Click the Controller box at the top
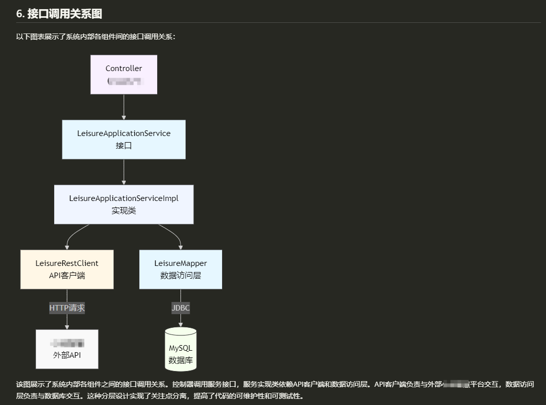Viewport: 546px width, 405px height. coord(124,74)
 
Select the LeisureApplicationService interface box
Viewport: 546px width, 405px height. coord(124,139)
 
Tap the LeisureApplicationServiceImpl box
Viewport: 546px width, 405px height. coord(124,204)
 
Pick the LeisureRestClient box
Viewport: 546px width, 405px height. coord(67,269)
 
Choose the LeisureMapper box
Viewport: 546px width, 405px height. coord(180,269)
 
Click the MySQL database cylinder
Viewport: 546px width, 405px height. coord(180,349)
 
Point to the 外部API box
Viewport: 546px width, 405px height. coord(67,349)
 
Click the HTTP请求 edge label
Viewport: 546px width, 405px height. coord(67,308)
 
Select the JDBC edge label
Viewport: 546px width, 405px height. coord(180,308)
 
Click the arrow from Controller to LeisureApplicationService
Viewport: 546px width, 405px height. coord(124,107)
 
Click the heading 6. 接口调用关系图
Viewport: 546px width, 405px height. coord(59,14)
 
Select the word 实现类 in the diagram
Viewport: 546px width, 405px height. coord(124,211)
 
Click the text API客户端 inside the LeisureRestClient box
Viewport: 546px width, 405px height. coord(67,276)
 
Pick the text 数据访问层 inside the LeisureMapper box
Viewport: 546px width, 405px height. coord(180,276)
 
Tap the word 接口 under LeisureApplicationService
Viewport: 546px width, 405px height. coord(124,146)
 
